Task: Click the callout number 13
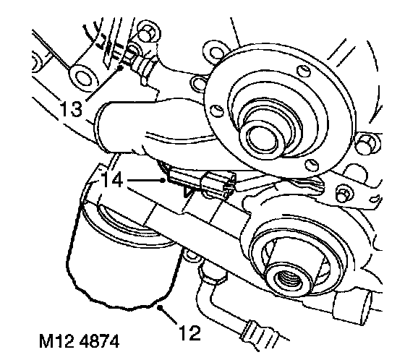pyautogui.click(x=72, y=108)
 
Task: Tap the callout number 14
pyautogui.click(x=112, y=179)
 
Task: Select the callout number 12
pyautogui.click(x=189, y=333)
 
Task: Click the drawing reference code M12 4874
pyautogui.click(x=80, y=341)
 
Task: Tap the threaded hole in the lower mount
pyautogui.click(x=286, y=280)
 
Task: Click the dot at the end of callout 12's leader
pyautogui.click(x=161, y=307)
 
